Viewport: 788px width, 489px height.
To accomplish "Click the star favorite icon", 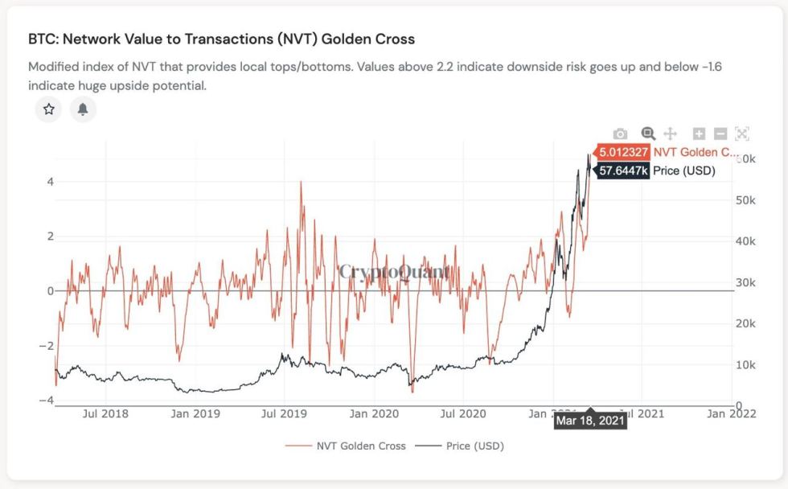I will tap(48, 109).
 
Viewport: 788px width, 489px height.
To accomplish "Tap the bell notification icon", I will tap(83, 109).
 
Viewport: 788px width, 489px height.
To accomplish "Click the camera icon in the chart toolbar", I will tap(620, 134).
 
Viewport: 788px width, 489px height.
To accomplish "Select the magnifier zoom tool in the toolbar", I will tap(647, 134).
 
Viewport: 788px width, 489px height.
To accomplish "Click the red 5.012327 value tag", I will tap(622, 152).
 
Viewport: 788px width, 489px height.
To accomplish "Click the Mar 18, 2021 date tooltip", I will tap(590, 419).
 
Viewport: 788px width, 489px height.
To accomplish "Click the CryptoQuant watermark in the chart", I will tap(394, 272).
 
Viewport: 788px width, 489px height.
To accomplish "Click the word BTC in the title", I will tap(40, 39).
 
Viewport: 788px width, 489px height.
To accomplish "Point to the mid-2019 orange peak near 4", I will tap(302, 183).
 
